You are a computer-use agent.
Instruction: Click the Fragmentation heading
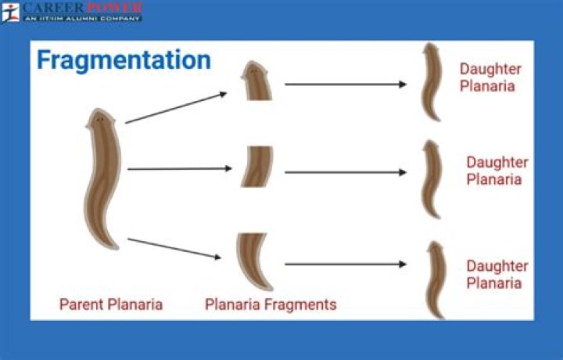(x=124, y=61)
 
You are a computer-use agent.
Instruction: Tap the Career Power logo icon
(x=10, y=13)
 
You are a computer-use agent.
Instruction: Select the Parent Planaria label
(x=111, y=304)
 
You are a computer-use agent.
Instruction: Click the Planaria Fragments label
(x=271, y=304)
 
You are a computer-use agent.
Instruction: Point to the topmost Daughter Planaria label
(x=490, y=77)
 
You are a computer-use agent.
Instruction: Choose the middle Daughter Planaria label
(x=497, y=171)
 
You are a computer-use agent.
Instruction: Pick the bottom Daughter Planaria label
(x=497, y=275)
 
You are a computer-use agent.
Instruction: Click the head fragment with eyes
(x=256, y=81)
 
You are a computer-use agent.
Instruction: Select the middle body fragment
(x=257, y=167)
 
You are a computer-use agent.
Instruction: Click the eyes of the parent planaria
(x=100, y=119)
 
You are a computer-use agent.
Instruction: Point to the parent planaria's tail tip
(x=115, y=247)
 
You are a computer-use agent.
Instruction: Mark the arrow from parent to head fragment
(x=176, y=108)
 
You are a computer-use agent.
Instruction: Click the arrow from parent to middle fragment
(x=180, y=168)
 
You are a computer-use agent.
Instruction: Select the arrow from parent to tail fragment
(x=174, y=248)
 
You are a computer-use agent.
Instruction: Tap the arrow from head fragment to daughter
(x=346, y=85)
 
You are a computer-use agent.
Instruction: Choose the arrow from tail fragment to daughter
(x=346, y=265)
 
